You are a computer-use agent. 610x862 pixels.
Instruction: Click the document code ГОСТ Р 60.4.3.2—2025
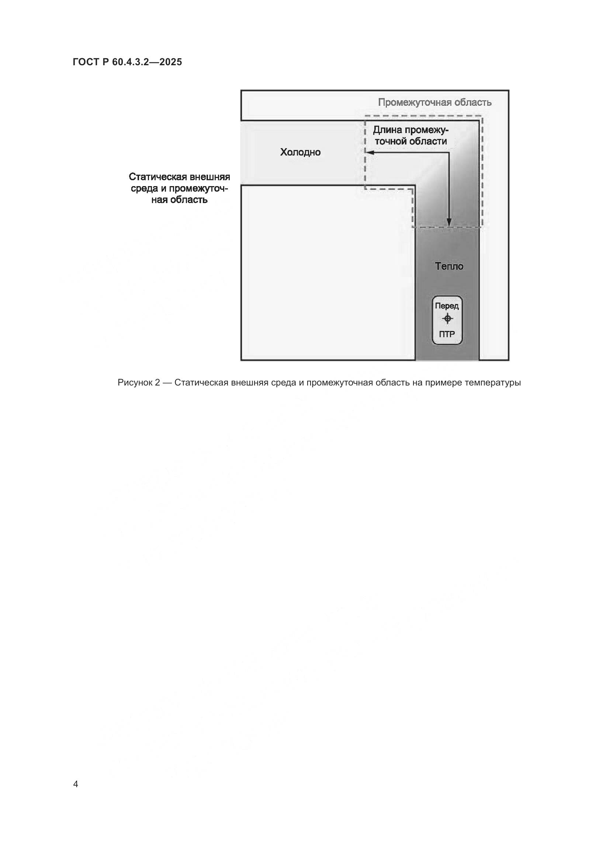[127, 62]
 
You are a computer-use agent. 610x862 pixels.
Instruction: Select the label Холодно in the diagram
[300, 152]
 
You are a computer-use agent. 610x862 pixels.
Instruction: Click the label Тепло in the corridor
[449, 266]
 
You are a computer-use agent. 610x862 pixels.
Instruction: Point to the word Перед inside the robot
[447, 306]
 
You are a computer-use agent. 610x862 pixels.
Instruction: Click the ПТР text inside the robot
[447, 334]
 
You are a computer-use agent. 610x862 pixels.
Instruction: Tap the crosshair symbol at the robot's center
[447, 319]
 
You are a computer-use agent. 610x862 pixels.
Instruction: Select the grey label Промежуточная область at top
[434, 102]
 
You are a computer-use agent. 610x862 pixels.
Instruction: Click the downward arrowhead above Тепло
[449, 223]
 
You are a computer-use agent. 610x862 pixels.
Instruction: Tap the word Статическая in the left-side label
[158, 177]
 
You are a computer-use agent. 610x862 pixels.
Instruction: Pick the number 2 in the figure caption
[157, 383]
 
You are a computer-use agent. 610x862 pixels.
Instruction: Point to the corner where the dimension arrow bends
[449, 153]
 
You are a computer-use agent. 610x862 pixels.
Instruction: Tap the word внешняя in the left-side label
[209, 177]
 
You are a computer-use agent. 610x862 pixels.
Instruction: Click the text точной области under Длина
[410, 142]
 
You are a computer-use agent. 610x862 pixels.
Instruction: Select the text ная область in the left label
[179, 200]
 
